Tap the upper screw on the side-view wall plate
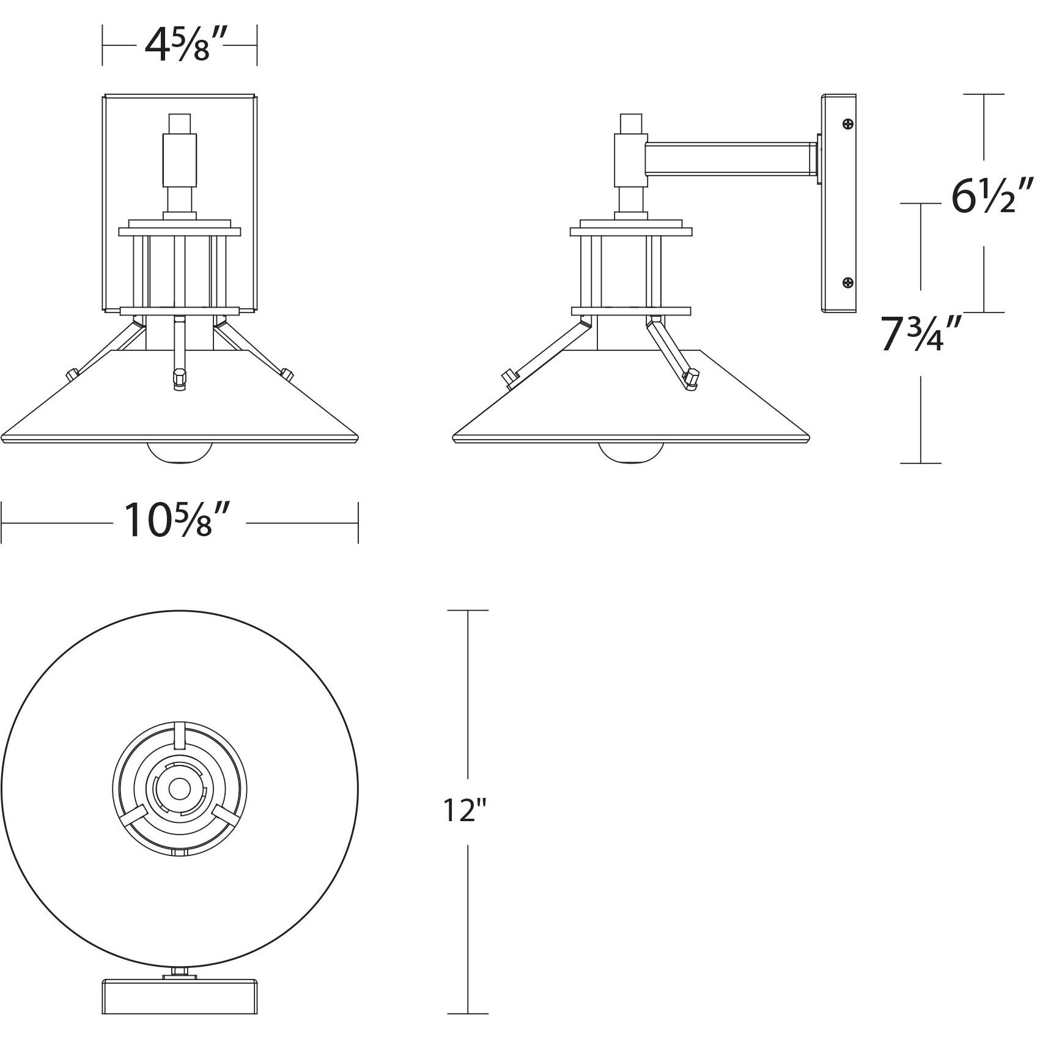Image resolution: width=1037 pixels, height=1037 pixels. click(x=847, y=124)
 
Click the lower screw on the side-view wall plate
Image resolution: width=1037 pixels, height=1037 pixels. click(x=847, y=282)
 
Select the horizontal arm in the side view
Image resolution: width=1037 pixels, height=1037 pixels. click(x=731, y=158)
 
